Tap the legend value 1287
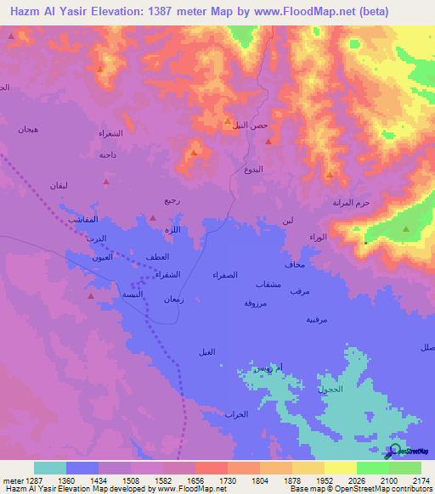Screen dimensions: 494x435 tap(25, 480)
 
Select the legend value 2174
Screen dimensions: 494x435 tap(421, 480)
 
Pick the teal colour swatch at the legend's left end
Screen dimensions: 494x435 tap(50, 468)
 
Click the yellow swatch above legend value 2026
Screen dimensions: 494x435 tap(340, 468)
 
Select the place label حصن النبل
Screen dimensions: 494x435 tap(251, 125)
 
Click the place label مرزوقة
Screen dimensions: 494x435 tap(256, 303)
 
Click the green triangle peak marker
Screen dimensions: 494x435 tap(406, 229)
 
